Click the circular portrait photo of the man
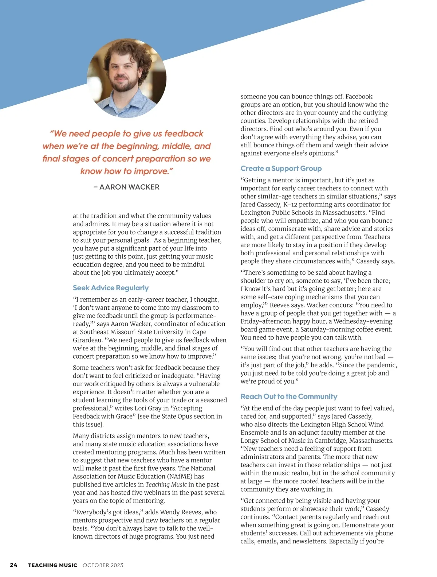[x=127, y=78]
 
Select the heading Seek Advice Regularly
[x=111, y=288]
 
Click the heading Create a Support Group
[x=281, y=169]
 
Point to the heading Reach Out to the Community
[x=289, y=396]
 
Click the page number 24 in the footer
[x=13, y=565]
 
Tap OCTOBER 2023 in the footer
[x=103, y=565]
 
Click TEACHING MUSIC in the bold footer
[x=52, y=565]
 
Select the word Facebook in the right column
[x=359, y=97]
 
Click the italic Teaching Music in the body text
[x=166, y=484]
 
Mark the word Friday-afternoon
[x=268, y=321]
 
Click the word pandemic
[x=381, y=365]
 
